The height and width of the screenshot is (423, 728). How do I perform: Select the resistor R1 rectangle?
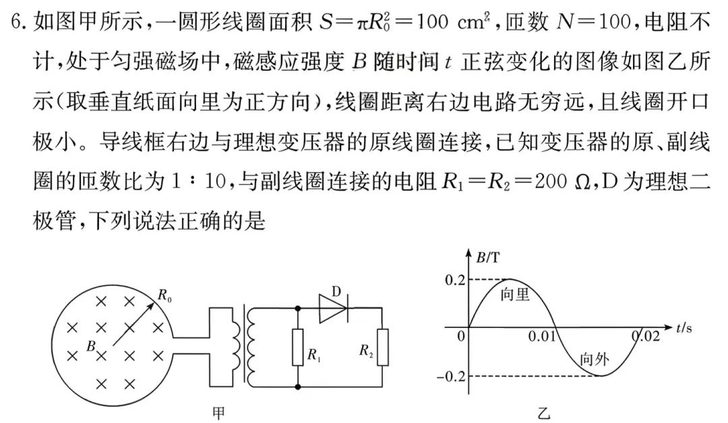click(297, 348)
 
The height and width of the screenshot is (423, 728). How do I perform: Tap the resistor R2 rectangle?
click(382, 347)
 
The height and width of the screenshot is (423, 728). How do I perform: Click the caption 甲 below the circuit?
click(219, 410)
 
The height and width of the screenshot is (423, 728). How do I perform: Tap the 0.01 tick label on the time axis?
click(543, 336)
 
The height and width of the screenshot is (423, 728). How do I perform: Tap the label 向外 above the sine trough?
click(594, 359)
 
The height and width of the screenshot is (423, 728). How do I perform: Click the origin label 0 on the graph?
click(461, 336)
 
